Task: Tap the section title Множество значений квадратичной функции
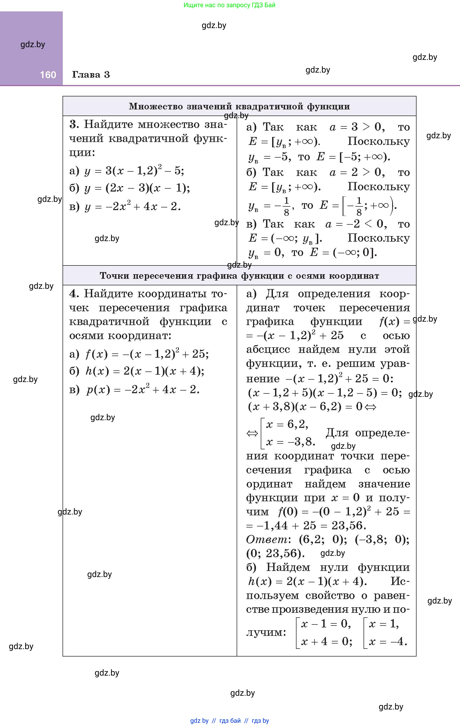[239, 106]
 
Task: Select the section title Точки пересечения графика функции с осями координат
[239, 276]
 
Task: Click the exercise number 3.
[74, 124]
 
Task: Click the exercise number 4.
[74, 294]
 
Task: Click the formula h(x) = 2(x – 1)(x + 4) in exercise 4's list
[145, 371]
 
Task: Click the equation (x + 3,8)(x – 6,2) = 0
[305, 407]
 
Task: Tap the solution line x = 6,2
[287, 424]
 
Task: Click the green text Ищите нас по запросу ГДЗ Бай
[229, 5]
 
